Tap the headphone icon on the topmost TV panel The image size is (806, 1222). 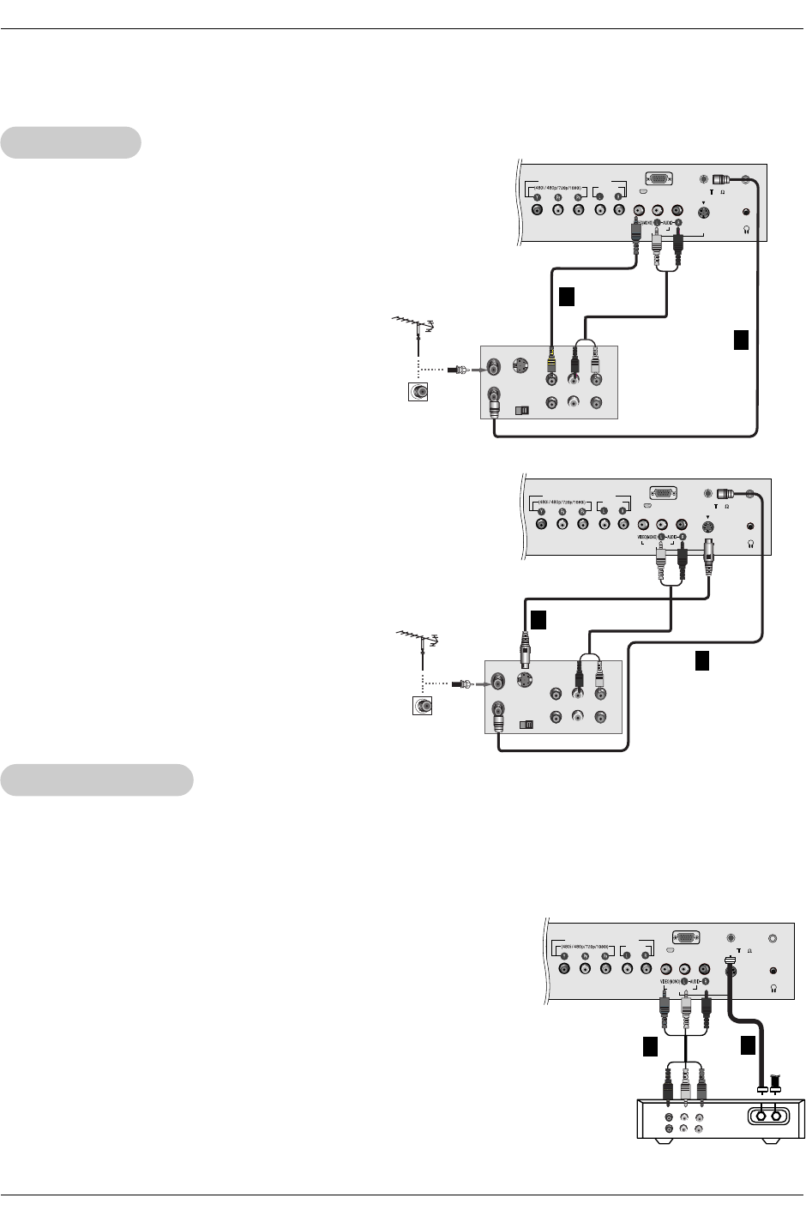pyautogui.click(x=749, y=230)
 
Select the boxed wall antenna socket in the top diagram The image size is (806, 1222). pyautogui.click(x=419, y=392)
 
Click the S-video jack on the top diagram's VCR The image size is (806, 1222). pyautogui.click(x=520, y=366)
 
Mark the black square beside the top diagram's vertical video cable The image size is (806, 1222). pyautogui.click(x=565, y=297)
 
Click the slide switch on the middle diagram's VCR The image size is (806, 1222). pyautogui.click(x=526, y=724)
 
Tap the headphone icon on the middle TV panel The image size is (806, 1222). pyautogui.click(x=751, y=544)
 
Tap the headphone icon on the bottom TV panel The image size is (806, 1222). pyautogui.click(x=774, y=988)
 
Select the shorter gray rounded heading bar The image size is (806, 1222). pyautogui.click(x=70, y=142)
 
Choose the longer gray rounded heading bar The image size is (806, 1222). pyautogui.click(x=97, y=780)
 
